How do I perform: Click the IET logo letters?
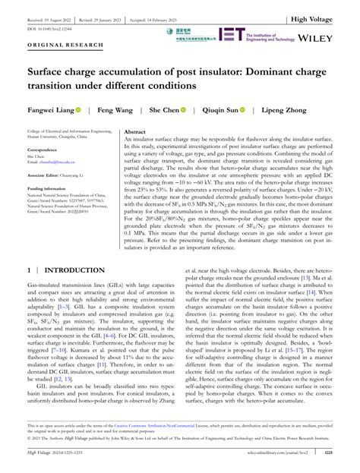(x=232, y=33)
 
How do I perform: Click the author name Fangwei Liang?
(x=46, y=111)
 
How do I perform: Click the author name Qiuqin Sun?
(x=234, y=111)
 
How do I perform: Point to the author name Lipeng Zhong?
(x=305, y=111)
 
